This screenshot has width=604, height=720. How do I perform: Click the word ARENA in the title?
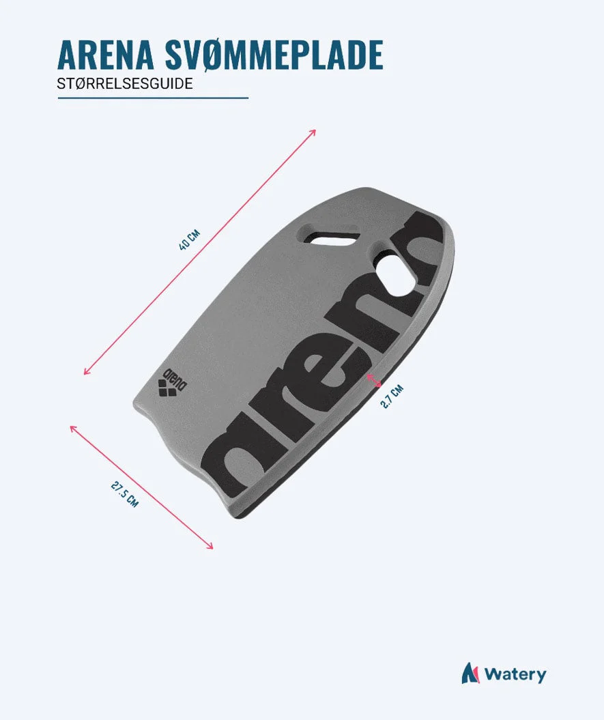point(106,55)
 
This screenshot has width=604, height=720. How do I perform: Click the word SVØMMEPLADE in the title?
point(273,55)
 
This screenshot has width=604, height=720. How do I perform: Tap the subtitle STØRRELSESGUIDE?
point(125,83)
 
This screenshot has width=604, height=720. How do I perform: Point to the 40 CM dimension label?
point(189,240)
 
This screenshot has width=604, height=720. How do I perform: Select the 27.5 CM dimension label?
point(124,493)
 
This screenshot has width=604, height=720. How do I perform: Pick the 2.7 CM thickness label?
point(392,397)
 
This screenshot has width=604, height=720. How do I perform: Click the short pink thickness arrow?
point(374,380)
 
